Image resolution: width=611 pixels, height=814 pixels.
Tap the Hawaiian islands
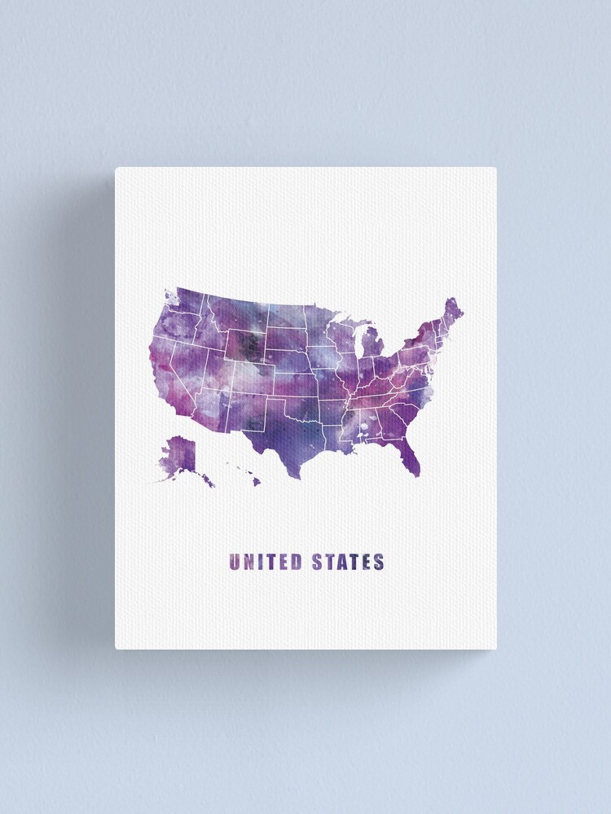pos(244,472)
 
